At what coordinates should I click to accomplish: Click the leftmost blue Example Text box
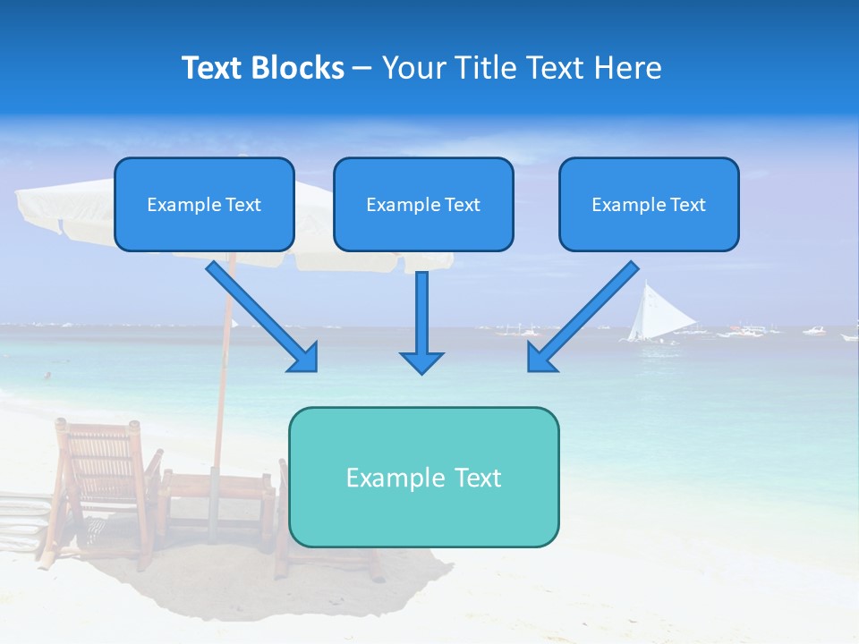click(x=204, y=204)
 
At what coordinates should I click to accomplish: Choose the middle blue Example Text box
click(x=423, y=204)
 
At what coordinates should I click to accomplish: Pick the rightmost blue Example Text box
click(x=649, y=204)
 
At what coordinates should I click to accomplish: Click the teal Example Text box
click(x=423, y=477)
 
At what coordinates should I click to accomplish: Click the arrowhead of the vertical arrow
click(x=421, y=361)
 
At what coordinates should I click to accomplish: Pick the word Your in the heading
click(x=412, y=68)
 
